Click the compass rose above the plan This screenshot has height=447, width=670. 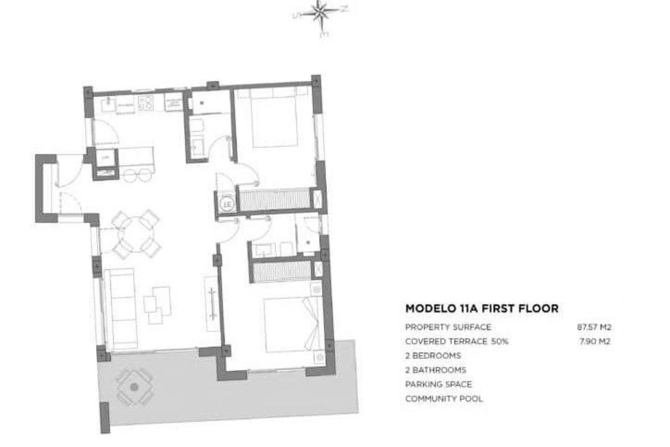pyautogui.click(x=321, y=12)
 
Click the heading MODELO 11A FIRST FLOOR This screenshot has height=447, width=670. pyautogui.click(x=481, y=308)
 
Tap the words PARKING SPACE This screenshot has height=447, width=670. pyautogui.click(x=438, y=384)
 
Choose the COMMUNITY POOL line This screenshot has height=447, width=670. pyautogui.click(x=444, y=399)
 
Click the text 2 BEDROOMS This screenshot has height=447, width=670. pyautogui.click(x=432, y=356)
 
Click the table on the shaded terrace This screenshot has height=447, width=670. pyautogui.click(x=134, y=387)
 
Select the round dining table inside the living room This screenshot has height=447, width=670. pyautogui.click(x=136, y=235)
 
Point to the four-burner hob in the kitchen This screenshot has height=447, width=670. pyautogui.click(x=146, y=102)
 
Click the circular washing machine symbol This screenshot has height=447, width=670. pyautogui.click(x=226, y=203)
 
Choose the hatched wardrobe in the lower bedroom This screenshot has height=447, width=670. pyautogui.click(x=280, y=271)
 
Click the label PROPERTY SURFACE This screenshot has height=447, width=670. pyautogui.click(x=448, y=327)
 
